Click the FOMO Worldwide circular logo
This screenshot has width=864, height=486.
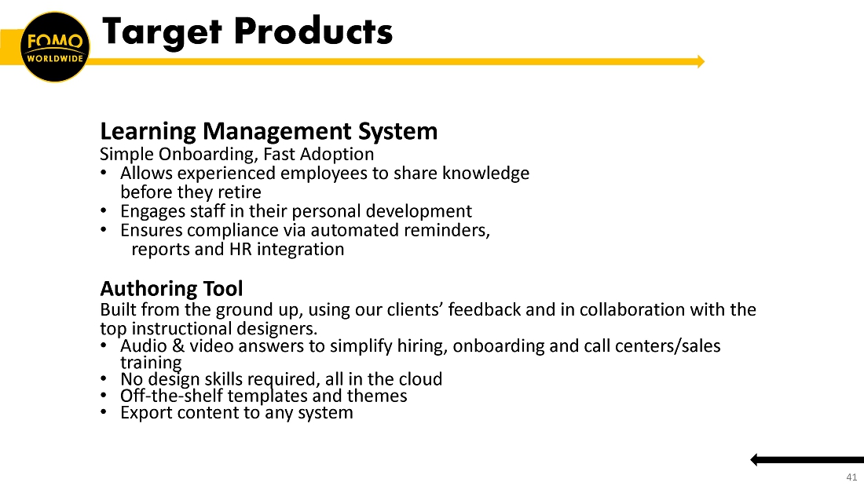pyautogui.click(x=54, y=47)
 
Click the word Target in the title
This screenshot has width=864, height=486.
pyautogui.click(x=162, y=31)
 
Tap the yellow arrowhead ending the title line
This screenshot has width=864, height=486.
pyautogui.click(x=701, y=61)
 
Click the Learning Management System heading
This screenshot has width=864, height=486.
pyautogui.click(x=269, y=131)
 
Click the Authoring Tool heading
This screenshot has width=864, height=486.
pyautogui.click(x=171, y=289)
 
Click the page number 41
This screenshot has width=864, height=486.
pyautogui.click(x=851, y=477)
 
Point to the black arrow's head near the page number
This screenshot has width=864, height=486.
pyautogui.click(x=754, y=459)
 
